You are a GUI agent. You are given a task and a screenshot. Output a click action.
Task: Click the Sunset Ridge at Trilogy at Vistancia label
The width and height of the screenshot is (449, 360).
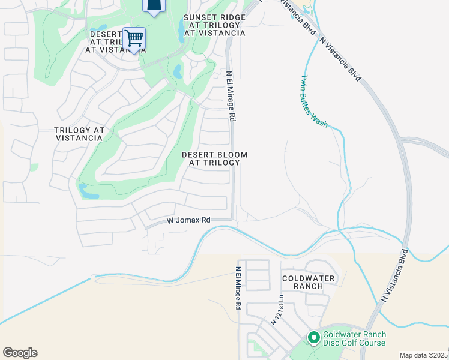[214, 25]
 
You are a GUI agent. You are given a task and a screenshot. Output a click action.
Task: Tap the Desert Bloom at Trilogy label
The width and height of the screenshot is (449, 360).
[214, 158]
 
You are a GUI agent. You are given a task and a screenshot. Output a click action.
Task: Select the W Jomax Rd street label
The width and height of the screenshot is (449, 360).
[188, 221]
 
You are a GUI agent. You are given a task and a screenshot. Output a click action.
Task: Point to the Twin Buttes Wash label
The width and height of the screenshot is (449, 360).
[313, 100]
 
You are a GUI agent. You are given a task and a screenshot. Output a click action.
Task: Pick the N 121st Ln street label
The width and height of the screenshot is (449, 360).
[277, 310]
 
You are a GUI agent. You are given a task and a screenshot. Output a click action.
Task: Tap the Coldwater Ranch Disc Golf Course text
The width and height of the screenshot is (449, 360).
[354, 338]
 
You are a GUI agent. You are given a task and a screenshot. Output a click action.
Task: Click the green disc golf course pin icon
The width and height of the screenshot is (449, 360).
[313, 338]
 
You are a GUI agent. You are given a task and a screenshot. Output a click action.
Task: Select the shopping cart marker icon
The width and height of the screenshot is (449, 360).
[134, 39]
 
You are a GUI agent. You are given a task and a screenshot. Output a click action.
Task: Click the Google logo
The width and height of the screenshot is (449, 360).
[20, 353]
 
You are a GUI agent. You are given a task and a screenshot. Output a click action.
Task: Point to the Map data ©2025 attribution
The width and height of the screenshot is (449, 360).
[423, 355]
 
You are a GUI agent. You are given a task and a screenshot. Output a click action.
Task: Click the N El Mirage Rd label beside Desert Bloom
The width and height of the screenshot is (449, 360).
[229, 96]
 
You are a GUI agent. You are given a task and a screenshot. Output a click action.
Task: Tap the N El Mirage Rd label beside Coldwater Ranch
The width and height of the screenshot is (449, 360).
[238, 288]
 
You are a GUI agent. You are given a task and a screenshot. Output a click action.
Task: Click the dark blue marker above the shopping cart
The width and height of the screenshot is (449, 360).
[154, 6]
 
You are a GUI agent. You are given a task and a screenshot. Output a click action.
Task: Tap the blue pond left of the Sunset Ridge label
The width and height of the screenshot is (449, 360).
[182, 29]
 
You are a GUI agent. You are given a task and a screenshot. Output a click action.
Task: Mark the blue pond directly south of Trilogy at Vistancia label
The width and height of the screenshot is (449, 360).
[88, 191]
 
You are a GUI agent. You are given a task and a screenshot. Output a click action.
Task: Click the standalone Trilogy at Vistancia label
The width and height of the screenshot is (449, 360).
[79, 134]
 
